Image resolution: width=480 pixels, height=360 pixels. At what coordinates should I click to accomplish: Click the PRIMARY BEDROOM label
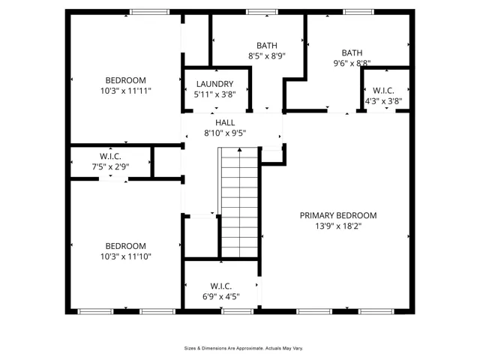click(338, 215)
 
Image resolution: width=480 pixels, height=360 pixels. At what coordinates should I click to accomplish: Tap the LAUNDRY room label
click(215, 84)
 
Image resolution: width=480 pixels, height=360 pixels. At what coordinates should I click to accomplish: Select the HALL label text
click(225, 123)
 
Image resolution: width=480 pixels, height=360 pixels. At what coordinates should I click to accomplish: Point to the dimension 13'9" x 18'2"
click(338, 226)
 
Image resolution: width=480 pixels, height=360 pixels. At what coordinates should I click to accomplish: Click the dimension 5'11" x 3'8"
click(215, 94)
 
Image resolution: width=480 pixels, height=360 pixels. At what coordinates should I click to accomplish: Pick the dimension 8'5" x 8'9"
click(267, 56)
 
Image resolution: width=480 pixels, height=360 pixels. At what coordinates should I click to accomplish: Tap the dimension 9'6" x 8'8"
click(352, 63)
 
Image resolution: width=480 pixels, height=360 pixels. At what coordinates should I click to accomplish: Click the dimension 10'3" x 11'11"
click(126, 91)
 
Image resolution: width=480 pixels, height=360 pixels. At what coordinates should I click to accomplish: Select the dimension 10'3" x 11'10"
click(126, 256)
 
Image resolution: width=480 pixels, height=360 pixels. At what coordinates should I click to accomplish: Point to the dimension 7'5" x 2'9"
click(110, 166)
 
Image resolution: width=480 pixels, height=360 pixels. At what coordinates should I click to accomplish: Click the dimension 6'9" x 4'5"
click(221, 297)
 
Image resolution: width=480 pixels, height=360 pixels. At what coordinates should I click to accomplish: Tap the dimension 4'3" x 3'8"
click(383, 101)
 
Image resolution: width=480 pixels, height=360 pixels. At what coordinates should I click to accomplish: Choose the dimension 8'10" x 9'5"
click(225, 133)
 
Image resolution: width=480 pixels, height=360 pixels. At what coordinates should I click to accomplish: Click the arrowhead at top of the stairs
click(240, 150)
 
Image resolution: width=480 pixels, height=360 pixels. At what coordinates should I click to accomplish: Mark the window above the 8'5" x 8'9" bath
click(262, 12)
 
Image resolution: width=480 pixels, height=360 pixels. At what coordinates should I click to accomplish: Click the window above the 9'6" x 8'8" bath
click(358, 12)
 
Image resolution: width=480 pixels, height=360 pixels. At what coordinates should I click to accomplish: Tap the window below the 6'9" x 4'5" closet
click(238, 312)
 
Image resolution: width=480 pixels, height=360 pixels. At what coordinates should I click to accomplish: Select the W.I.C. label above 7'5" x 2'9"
click(110, 157)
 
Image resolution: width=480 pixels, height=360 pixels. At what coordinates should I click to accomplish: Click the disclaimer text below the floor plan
click(244, 348)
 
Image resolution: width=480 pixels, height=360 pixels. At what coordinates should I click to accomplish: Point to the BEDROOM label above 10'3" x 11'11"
click(126, 80)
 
